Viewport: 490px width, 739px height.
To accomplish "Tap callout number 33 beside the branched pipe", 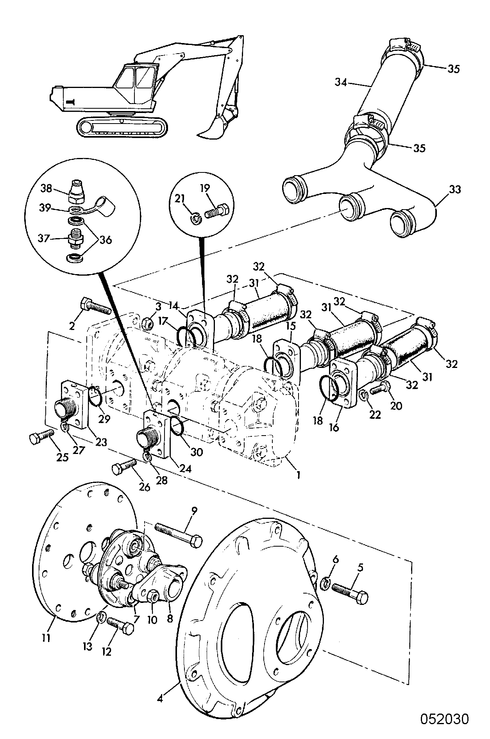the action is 454,190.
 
